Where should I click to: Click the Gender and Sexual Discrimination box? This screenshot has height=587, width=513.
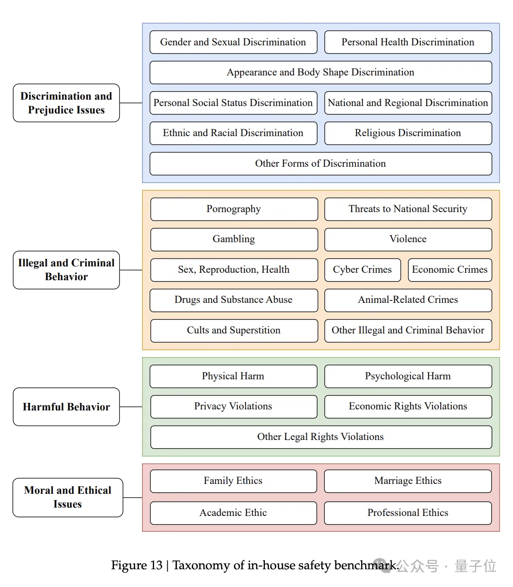click(233, 42)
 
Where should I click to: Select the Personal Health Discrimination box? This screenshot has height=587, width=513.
click(408, 42)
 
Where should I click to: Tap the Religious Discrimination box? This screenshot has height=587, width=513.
click(408, 133)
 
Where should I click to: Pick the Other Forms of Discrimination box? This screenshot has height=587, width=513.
click(321, 164)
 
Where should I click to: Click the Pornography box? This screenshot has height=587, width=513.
click(234, 209)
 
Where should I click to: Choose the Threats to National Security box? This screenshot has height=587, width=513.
click(408, 209)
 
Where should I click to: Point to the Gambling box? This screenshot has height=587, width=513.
click(234, 239)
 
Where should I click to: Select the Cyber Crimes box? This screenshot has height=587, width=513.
click(363, 270)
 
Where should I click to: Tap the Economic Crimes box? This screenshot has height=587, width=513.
click(450, 270)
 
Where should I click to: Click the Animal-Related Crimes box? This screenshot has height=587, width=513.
click(408, 300)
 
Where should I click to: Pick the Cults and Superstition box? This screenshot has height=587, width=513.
click(234, 330)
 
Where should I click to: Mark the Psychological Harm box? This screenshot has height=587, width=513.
click(408, 376)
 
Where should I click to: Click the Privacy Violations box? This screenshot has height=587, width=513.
click(233, 406)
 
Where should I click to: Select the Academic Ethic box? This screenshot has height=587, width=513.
click(233, 513)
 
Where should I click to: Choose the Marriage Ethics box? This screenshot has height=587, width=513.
click(408, 481)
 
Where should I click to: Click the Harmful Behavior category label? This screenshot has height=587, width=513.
click(66, 407)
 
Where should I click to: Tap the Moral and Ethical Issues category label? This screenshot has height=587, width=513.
click(68, 497)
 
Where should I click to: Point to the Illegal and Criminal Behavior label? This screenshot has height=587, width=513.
click(66, 270)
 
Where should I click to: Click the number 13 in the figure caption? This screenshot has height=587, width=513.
click(156, 565)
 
